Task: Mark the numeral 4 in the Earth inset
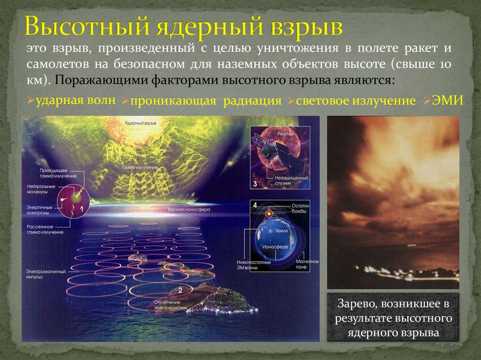click(255, 205)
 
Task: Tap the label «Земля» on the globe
click(273, 231)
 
